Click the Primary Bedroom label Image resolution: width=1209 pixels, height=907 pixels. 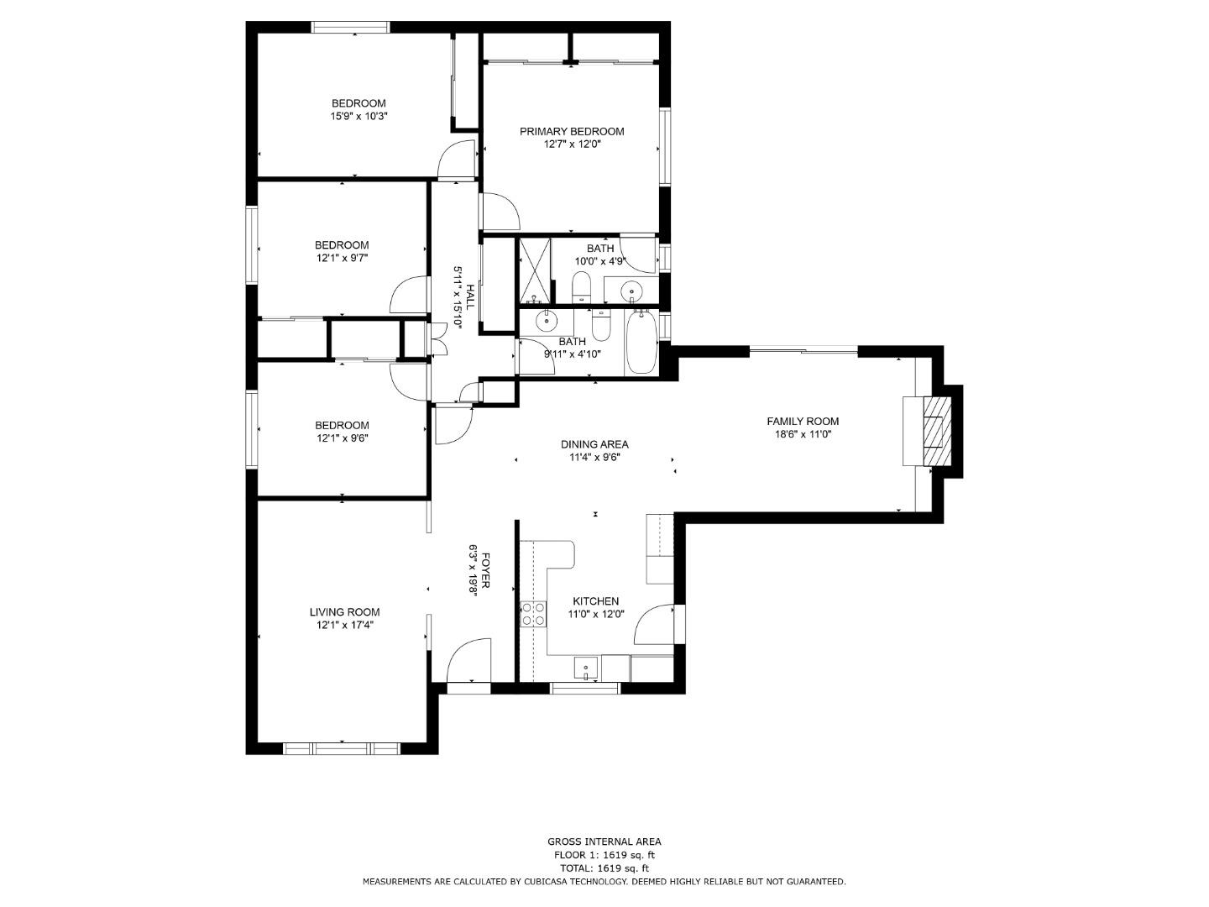(x=572, y=132)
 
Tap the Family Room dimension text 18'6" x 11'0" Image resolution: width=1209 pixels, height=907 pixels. (x=803, y=434)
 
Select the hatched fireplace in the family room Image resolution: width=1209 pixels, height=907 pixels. (x=937, y=431)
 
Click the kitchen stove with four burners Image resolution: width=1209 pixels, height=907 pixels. (x=533, y=614)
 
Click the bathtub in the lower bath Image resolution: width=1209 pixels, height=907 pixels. (x=641, y=342)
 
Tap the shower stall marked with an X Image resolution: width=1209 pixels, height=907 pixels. (x=534, y=270)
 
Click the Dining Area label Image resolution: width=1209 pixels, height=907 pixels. (x=594, y=444)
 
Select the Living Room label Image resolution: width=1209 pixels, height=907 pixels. (x=344, y=612)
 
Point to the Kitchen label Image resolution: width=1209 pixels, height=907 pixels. (x=595, y=600)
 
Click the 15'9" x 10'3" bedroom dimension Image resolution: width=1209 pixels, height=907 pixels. (x=359, y=116)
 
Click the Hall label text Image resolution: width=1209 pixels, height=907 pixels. (x=470, y=297)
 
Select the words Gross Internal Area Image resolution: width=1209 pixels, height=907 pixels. (x=604, y=841)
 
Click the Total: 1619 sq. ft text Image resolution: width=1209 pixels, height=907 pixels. (x=604, y=868)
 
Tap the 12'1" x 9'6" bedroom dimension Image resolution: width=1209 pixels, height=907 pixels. (x=342, y=438)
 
